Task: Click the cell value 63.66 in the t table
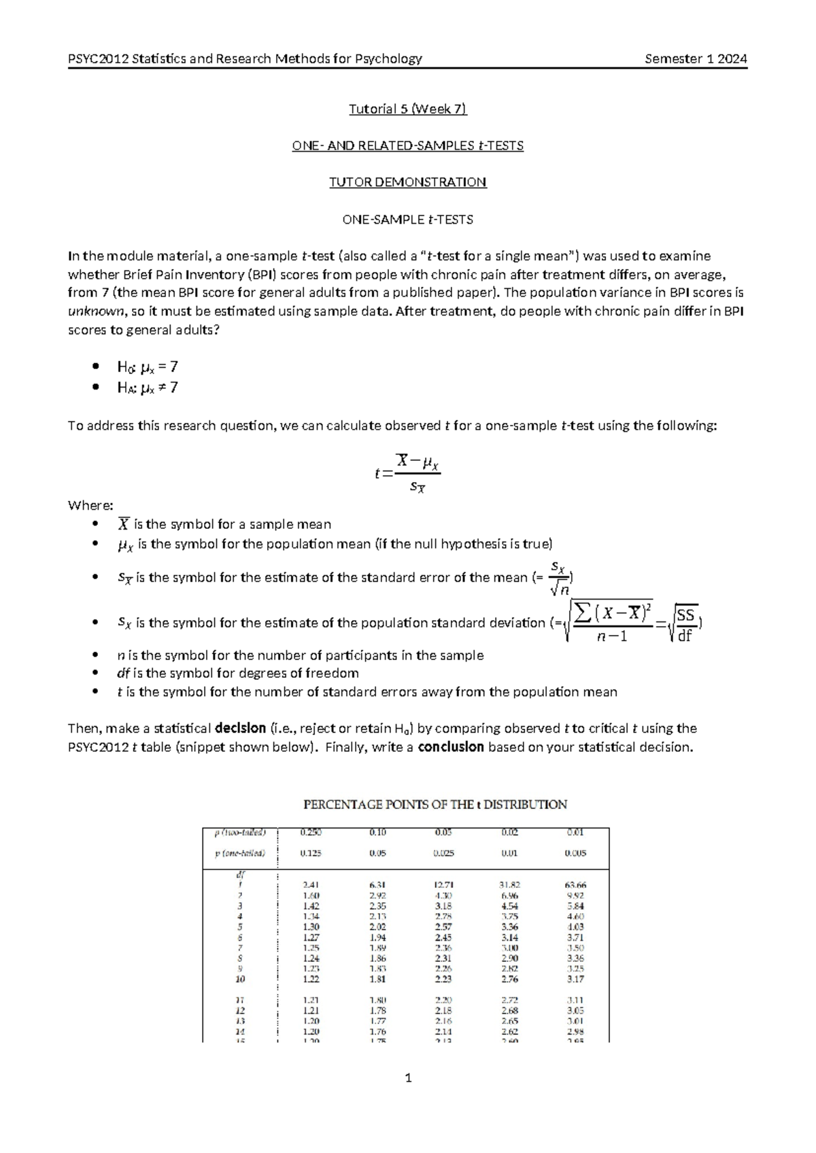point(575,885)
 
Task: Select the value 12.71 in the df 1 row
point(443,885)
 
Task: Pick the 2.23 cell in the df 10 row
point(443,979)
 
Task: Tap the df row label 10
point(240,979)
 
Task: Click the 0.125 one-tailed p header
point(311,853)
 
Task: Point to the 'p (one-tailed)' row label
point(240,853)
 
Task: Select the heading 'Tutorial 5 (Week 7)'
point(407,109)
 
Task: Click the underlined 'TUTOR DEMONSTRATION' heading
point(407,182)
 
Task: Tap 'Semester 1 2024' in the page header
point(696,58)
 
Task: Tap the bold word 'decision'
point(240,728)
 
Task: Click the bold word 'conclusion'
point(450,747)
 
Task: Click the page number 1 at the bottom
point(407,1078)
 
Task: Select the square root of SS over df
point(683,623)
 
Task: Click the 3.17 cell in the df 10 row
point(575,979)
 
